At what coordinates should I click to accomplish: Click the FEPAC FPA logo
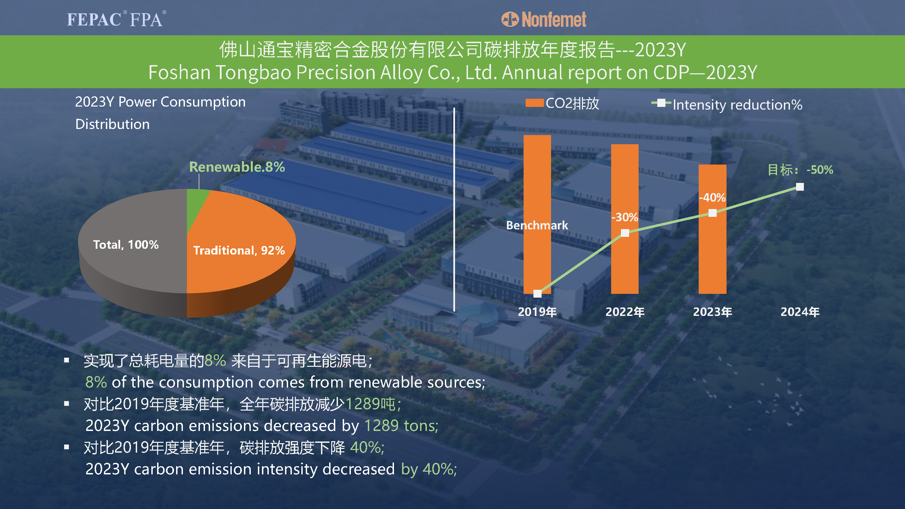[x=116, y=19]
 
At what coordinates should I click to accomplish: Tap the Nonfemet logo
[x=544, y=19]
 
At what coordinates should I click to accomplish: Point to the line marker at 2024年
[x=800, y=187]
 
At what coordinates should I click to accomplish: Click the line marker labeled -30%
[x=625, y=233]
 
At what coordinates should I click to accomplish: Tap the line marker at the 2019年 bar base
[x=537, y=294]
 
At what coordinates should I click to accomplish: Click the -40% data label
[x=712, y=197]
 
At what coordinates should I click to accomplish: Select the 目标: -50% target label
[x=800, y=170]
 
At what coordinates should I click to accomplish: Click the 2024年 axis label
[x=800, y=312]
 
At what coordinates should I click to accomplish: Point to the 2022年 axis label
[x=625, y=312]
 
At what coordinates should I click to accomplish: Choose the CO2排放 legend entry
[x=562, y=103]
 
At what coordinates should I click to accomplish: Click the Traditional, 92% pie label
[x=239, y=250]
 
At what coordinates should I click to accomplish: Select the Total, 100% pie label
[x=126, y=244]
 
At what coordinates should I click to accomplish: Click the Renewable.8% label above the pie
[x=237, y=167]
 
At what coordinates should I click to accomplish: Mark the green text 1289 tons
[x=401, y=426]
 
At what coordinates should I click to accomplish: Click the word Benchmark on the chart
[x=537, y=225]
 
